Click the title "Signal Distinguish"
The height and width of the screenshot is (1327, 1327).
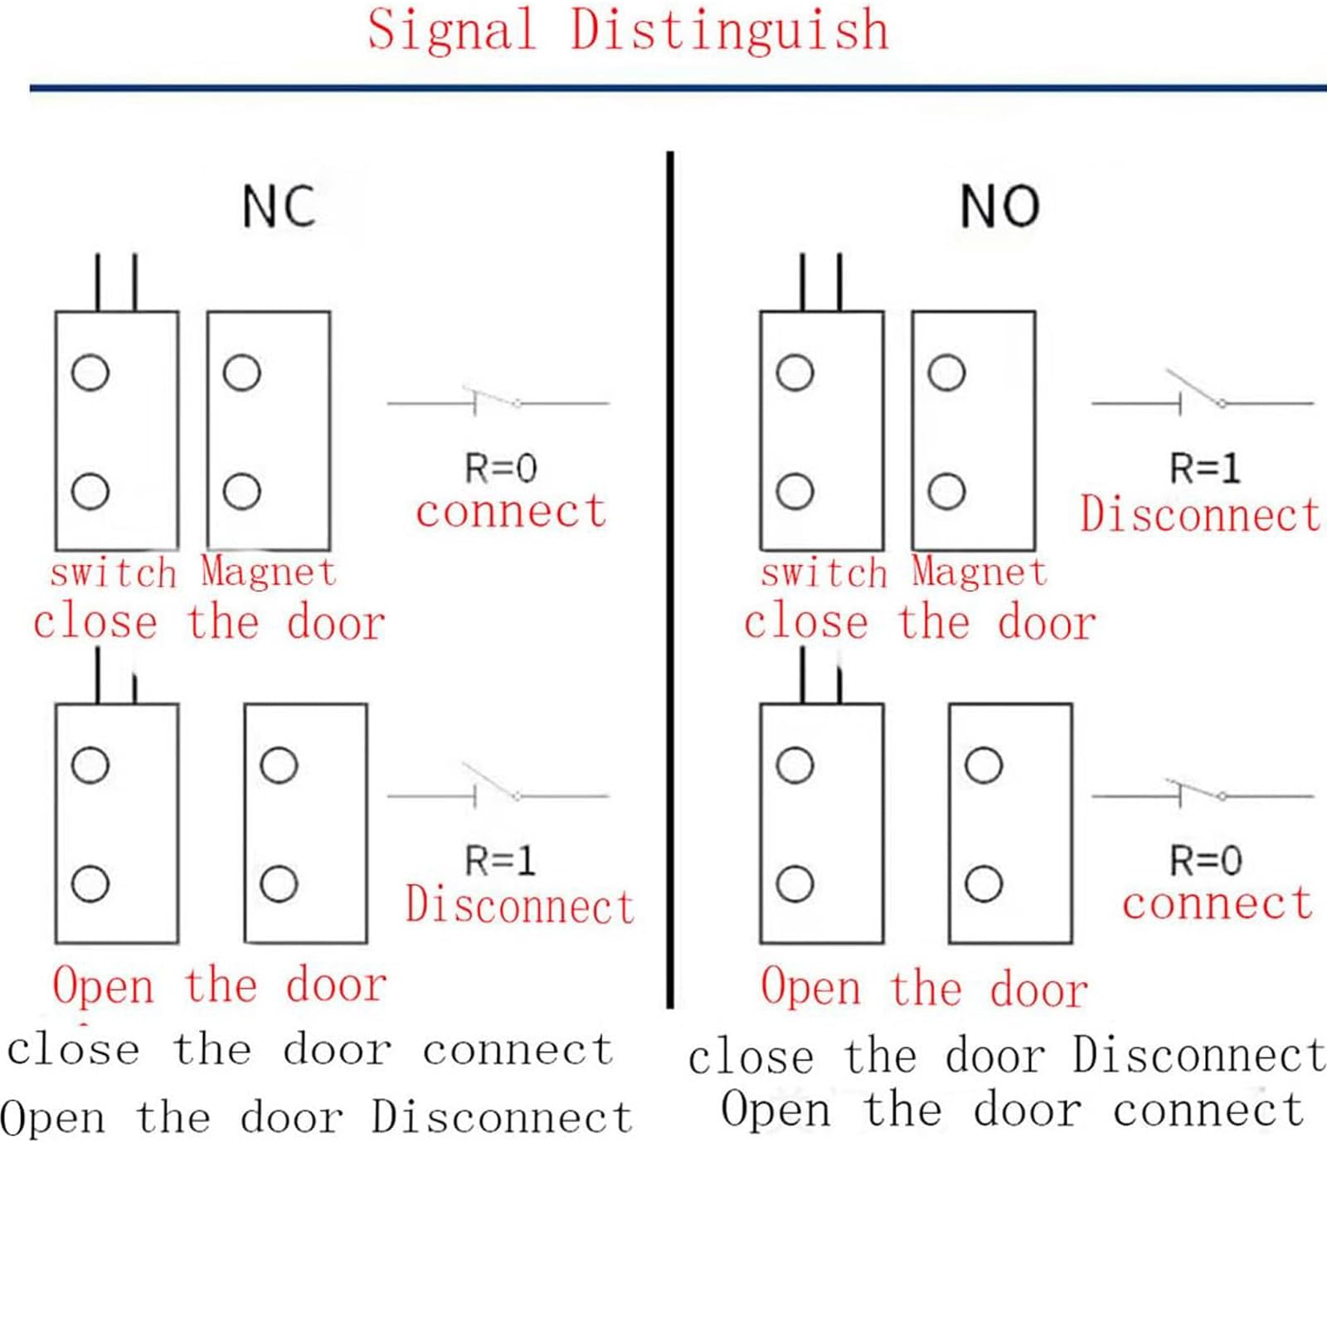tap(628, 32)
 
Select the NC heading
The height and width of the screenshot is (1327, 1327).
tap(279, 207)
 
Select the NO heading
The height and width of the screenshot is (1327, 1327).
tap(999, 207)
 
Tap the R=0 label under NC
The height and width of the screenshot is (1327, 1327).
tap(501, 469)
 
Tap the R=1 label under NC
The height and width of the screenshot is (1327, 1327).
tap(500, 861)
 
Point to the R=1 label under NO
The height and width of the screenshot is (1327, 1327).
tap(1205, 469)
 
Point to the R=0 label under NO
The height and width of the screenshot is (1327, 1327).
tap(1206, 861)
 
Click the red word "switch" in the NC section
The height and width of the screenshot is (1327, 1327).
tap(113, 573)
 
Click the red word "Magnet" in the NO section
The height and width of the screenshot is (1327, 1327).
tap(979, 571)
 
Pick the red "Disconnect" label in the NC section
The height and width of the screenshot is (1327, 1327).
tap(520, 905)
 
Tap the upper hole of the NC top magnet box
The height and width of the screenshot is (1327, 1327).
tap(241, 372)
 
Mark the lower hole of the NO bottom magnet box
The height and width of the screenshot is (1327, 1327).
tap(984, 883)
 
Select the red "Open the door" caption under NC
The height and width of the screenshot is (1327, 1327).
tap(220, 986)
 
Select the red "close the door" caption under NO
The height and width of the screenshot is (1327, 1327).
tap(920, 623)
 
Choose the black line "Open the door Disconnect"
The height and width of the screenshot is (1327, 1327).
tap(316, 1117)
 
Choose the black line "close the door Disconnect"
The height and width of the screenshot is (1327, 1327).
tap(1007, 1056)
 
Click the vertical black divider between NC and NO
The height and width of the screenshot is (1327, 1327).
tap(670, 580)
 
